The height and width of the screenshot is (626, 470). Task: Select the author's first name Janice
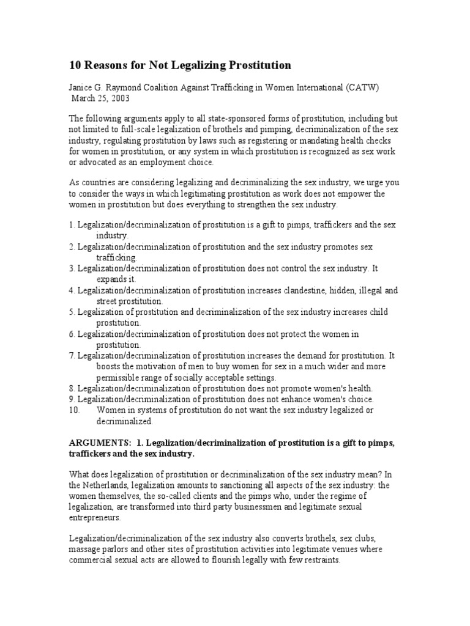83,88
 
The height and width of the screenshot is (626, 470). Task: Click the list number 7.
72,356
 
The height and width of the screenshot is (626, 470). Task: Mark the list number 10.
75,410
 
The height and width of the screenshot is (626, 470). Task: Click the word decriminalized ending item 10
124,421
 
